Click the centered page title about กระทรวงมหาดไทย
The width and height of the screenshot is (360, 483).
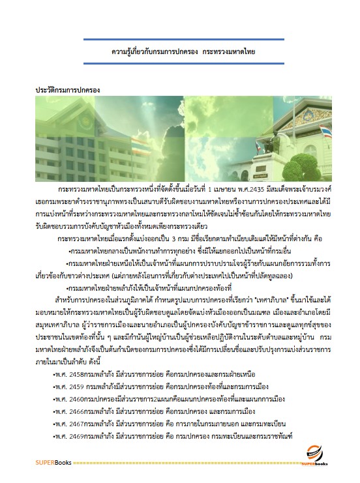click(x=183, y=50)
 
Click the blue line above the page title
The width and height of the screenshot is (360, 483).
click(x=183, y=39)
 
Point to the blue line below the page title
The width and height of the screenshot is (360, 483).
click(x=183, y=61)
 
